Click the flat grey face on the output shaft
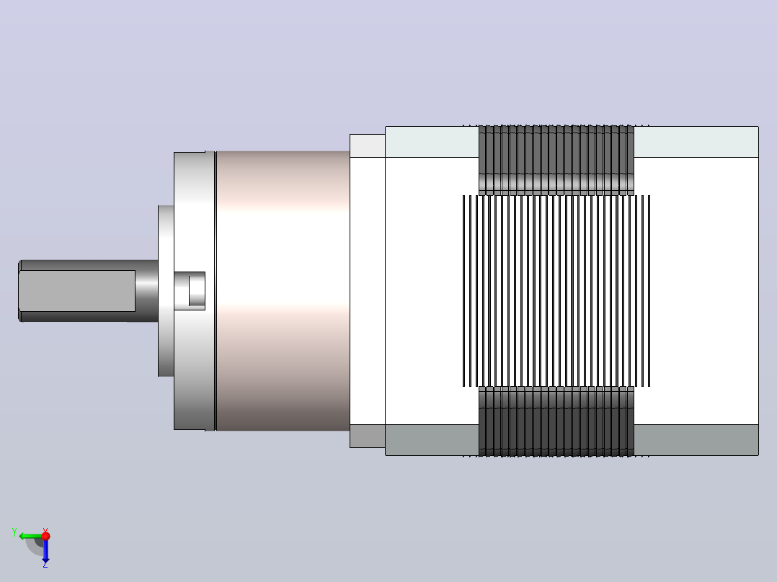tap(77, 291)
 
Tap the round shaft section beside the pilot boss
tap(147, 291)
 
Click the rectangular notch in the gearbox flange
tap(190, 291)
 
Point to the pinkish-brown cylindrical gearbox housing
tap(283, 291)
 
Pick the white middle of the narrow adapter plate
tap(368, 291)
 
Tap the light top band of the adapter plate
tap(368, 145)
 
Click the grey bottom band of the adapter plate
tap(368, 436)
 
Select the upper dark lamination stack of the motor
tap(556, 160)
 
